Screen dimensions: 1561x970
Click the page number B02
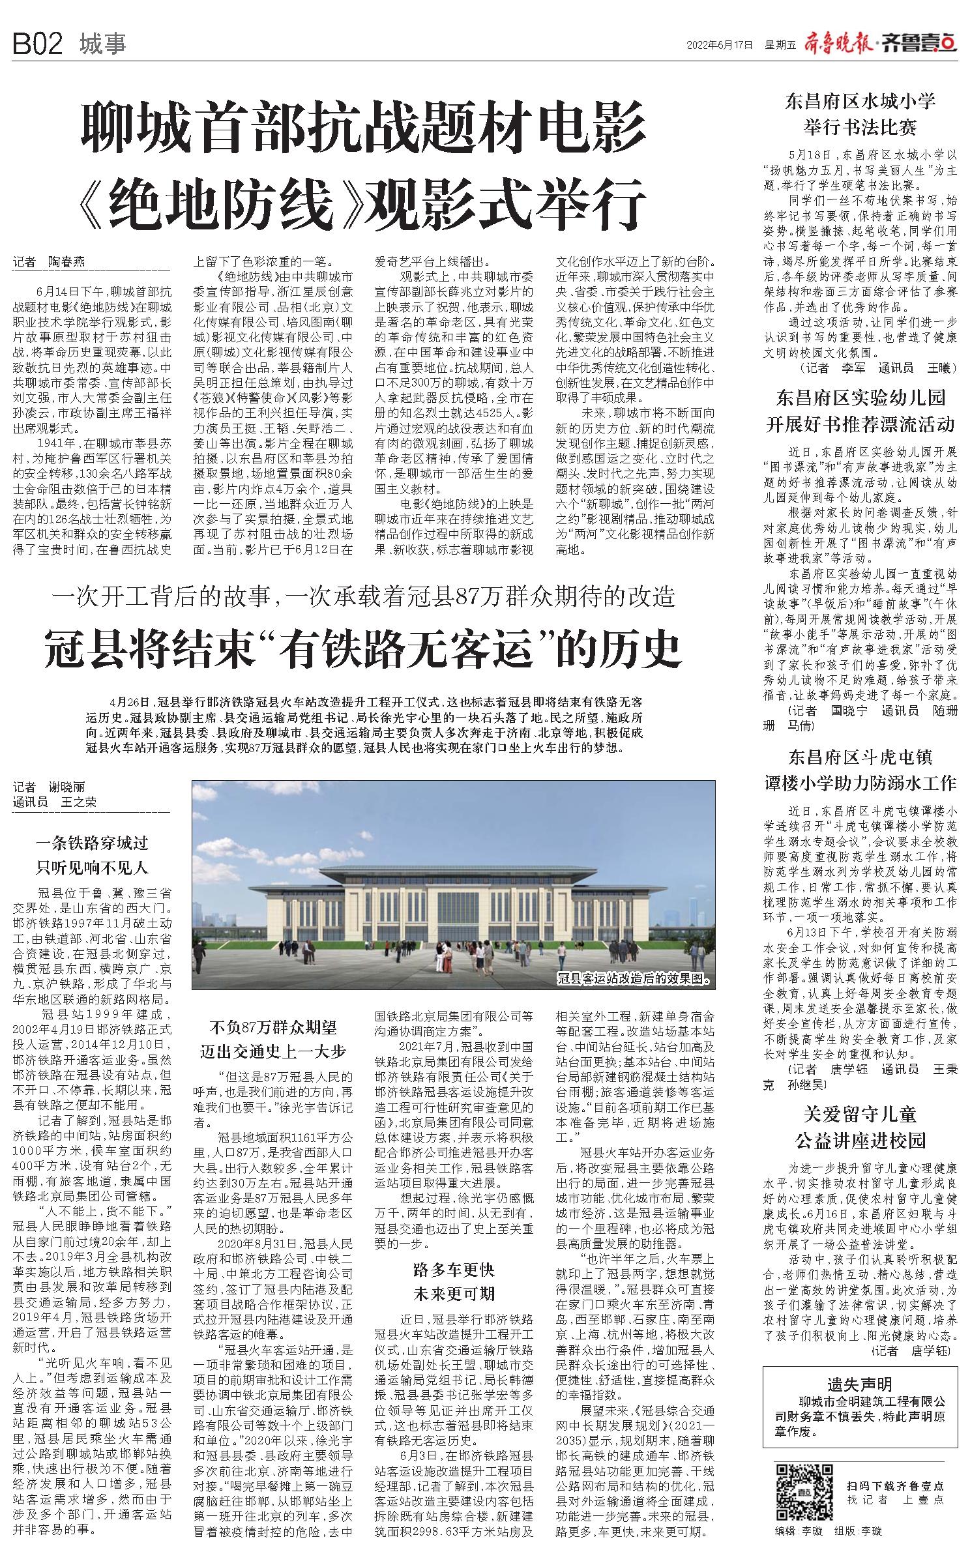[x=38, y=45]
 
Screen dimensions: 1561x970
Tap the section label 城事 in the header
[x=102, y=45]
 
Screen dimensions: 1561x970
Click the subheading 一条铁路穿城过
[x=92, y=843]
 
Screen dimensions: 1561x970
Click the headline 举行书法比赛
[x=860, y=126]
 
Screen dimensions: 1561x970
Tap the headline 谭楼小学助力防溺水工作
[x=860, y=782]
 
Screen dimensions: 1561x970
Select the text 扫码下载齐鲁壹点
[x=895, y=1467]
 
